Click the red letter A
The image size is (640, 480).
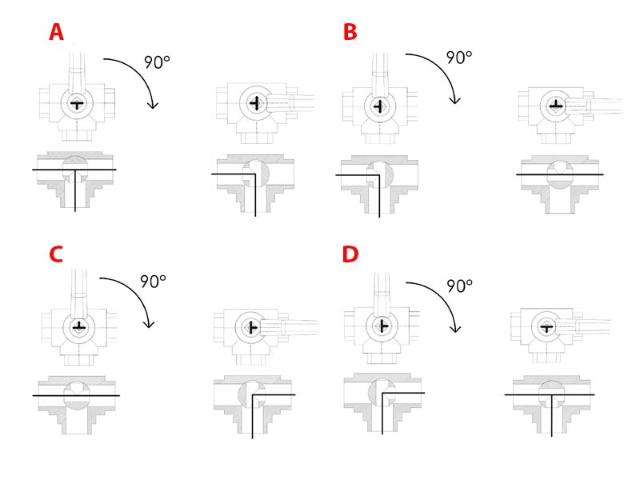(x=56, y=32)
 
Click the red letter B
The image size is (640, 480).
(x=350, y=32)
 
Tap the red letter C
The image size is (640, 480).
(x=56, y=254)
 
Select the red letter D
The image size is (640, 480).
(x=350, y=254)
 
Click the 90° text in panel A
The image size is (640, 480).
(x=157, y=62)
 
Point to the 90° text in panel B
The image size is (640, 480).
(x=459, y=58)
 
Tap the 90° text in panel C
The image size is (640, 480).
(x=153, y=282)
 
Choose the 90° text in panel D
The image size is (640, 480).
(x=459, y=286)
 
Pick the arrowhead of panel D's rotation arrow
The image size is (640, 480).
(x=455, y=329)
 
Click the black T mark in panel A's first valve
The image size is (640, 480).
(x=77, y=104)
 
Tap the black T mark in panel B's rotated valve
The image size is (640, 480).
(x=555, y=106)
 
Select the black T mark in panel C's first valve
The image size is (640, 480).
(x=78, y=327)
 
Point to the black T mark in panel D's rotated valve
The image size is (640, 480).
(x=546, y=327)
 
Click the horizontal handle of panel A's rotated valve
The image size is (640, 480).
(x=290, y=102)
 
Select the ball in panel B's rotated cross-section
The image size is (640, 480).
(x=559, y=174)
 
